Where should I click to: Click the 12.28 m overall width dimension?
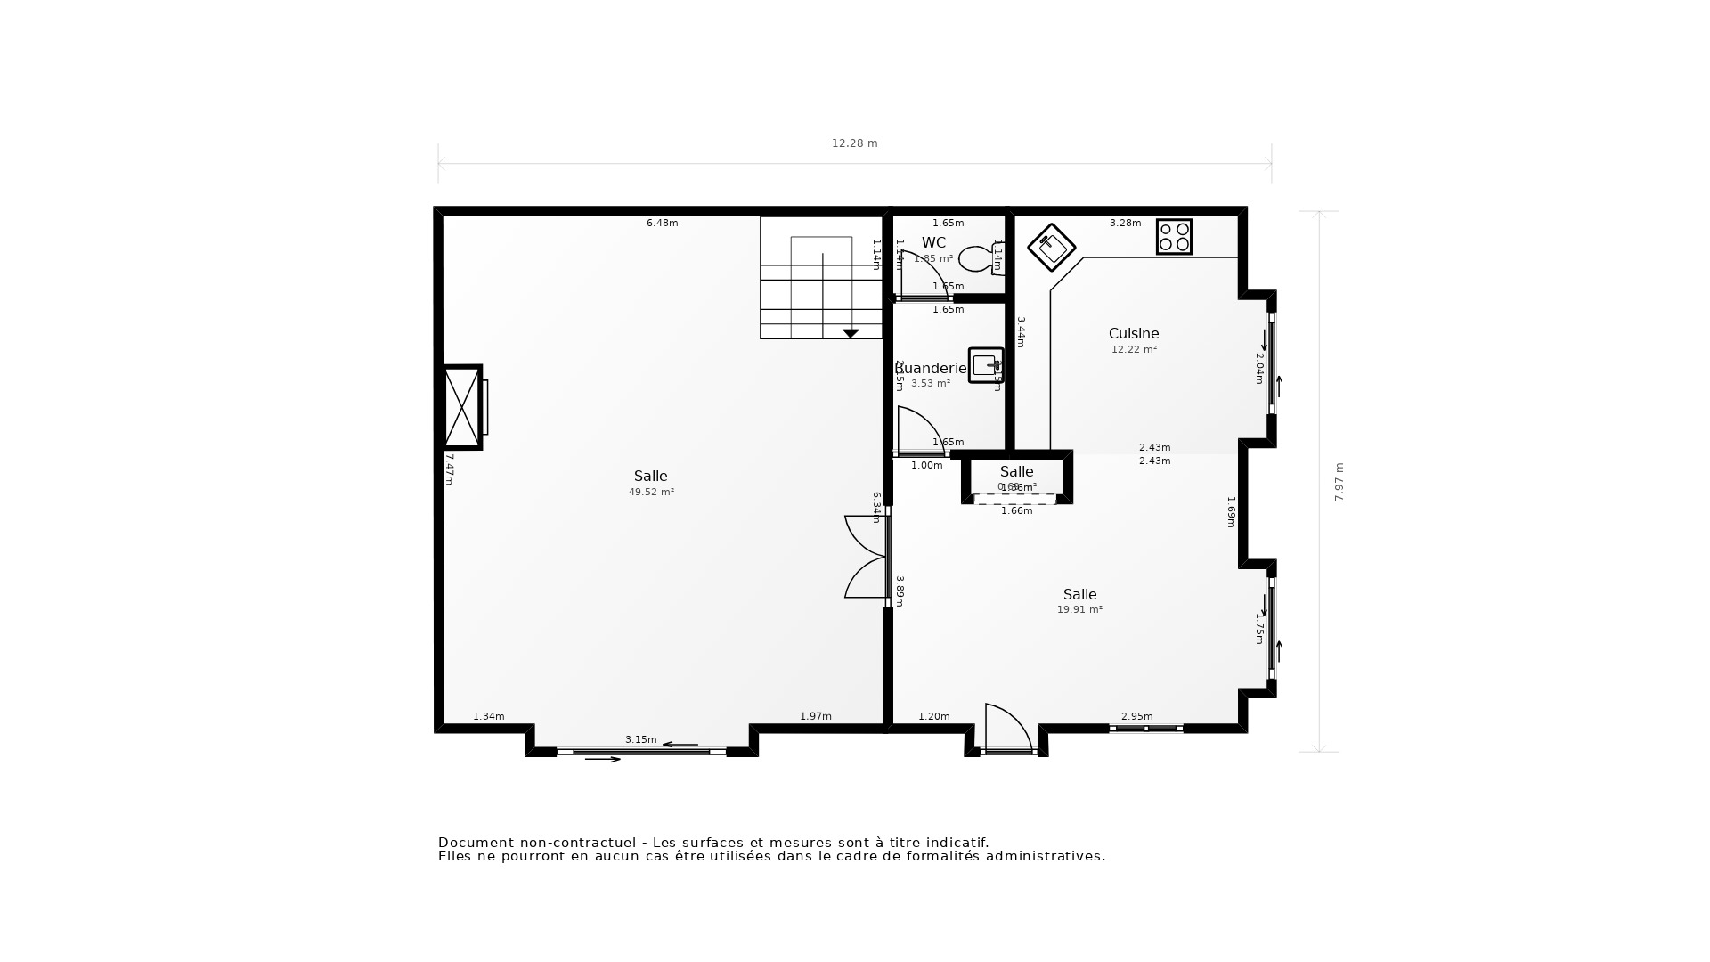(854, 143)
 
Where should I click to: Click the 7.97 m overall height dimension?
(1339, 482)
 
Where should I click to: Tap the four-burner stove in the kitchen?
(1174, 237)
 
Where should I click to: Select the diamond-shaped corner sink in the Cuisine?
(1051, 247)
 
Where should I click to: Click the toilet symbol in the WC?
(976, 258)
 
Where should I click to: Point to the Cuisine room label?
(1133, 334)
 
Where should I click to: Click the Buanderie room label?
(931, 369)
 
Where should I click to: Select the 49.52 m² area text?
(651, 493)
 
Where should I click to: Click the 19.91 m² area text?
(1079, 610)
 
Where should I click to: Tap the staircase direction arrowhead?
(851, 333)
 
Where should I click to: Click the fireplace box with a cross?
(462, 407)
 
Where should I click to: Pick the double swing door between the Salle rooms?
(866, 557)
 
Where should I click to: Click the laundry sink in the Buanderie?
(985, 365)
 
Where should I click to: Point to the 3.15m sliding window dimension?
(640, 740)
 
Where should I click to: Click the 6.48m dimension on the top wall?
(662, 224)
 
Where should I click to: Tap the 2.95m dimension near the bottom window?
(1136, 717)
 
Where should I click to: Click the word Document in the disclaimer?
(476, 843)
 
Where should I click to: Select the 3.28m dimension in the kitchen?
(1125, 224)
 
